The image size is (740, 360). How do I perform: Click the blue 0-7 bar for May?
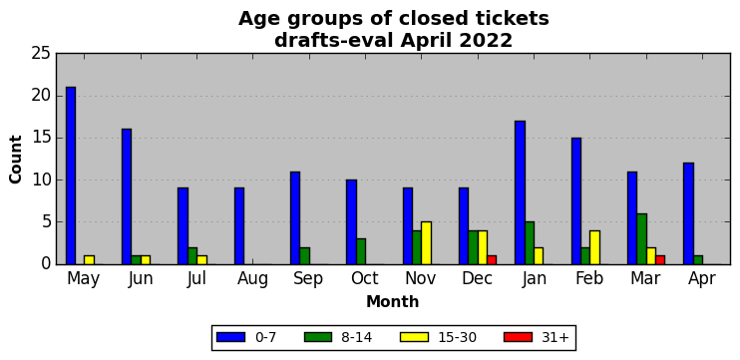[x=71, y=176]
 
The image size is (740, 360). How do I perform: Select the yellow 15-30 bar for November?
[x=426, y=243]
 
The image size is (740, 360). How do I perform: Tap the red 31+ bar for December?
[x=492, y=260]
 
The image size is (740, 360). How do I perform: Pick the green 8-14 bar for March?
[x=642, y=238]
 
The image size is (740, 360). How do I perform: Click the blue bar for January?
[x=520, y=192]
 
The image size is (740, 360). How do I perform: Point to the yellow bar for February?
[x=594, y=247]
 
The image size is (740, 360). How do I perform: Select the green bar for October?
[x=361, y=251]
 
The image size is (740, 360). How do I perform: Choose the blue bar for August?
[x=239, y=226]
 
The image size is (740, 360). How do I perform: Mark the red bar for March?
[x=660, y=260]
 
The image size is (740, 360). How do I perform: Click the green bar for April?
[x=698, y=260]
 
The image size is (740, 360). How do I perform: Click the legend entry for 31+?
[x=538, y=337]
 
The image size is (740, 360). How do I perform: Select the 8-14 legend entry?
[x=338, y=337]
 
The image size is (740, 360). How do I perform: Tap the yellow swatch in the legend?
[x=414, y=337]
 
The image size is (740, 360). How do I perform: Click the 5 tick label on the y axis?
[x=45, y=222]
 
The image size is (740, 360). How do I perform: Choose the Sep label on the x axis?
[x=308, y=278]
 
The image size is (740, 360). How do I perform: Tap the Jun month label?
[x=141, y=279]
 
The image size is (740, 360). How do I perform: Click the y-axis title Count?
[x=16, y=159]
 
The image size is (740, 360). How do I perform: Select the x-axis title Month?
[x=393, y=301]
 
